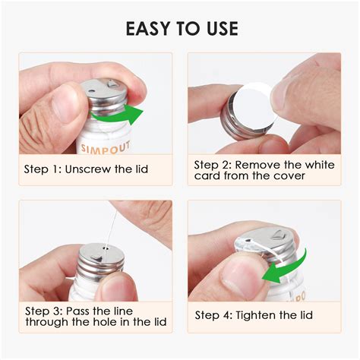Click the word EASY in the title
pos(147,28)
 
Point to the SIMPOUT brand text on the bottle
pos(106,147)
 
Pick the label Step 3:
pos(44,311)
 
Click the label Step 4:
pos(213,316)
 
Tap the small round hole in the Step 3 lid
pos(106,248)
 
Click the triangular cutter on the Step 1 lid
pos(112,83)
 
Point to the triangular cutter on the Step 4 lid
pos(279,235)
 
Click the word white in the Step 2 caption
pos(320,165)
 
